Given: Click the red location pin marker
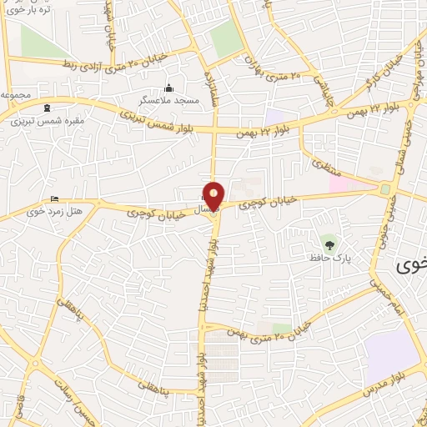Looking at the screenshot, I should click(214, 195).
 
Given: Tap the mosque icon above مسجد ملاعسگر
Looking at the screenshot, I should click(169, 88).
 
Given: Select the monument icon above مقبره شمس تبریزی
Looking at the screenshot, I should click(46, 108).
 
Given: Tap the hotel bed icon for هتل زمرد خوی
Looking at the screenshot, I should click(54, 198).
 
